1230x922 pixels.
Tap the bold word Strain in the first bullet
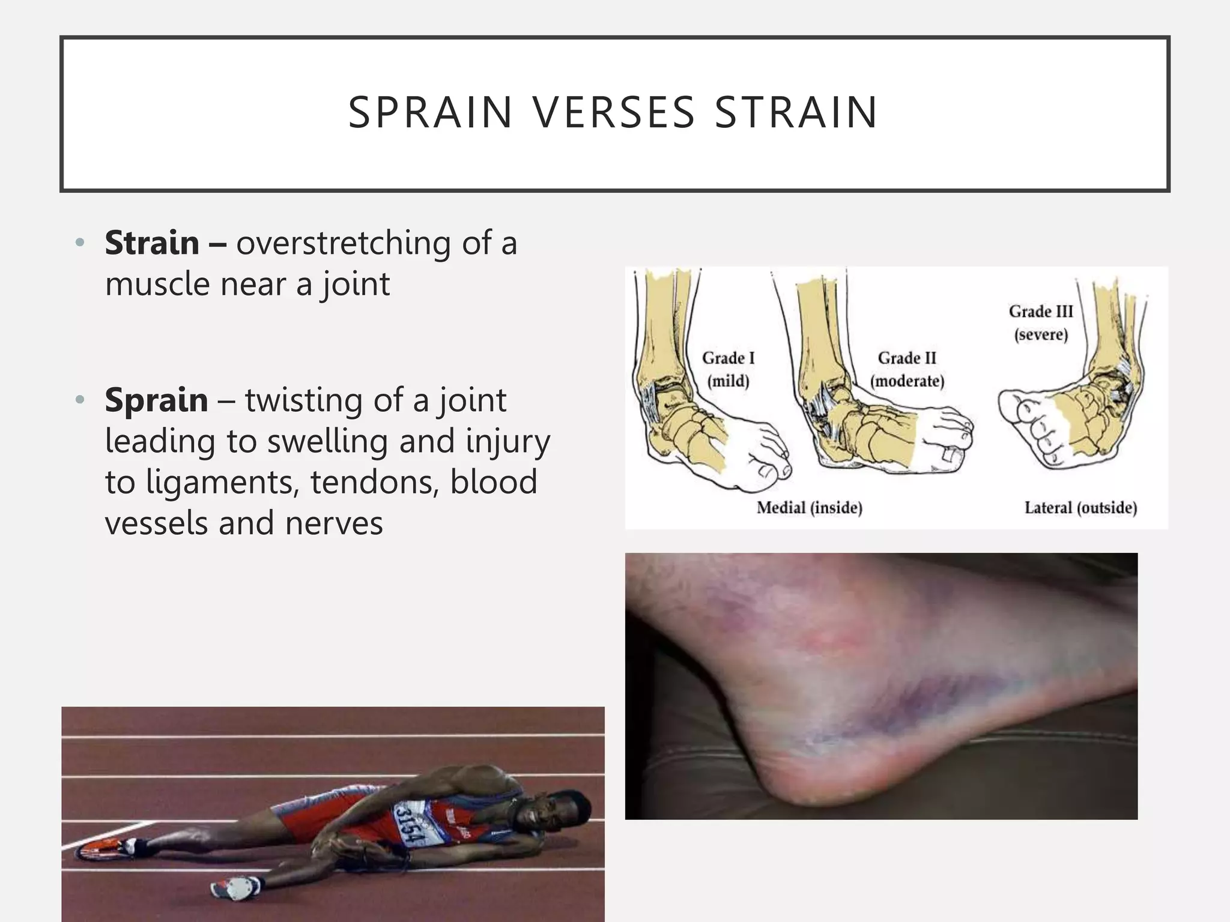[x=152, y=243]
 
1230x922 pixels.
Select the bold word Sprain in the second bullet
[x=156, y=400]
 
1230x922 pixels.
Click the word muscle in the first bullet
[x=157, y=284]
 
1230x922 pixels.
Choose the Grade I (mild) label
[x=728, y=369]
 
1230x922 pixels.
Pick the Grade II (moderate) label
[x=907, y=369]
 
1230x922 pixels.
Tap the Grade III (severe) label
[x=1041, y=322]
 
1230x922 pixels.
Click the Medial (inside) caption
[x=809, y=508]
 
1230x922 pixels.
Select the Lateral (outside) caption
[x=1080, y=508]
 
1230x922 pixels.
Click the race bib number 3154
[x=409, y=824]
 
